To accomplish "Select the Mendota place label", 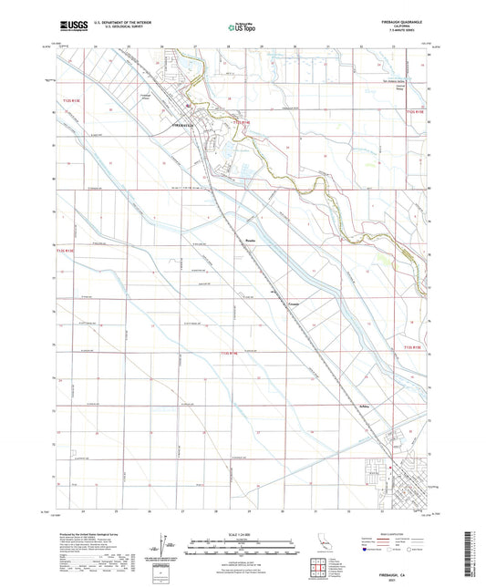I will point(250,241).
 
